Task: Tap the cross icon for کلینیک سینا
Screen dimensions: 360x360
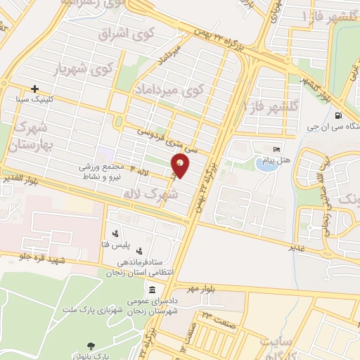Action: pos(34,89)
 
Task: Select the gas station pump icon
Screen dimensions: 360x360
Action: pos(340,116)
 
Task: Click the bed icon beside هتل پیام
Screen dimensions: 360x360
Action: pos(276,150)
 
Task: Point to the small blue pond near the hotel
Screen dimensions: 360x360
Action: pos(265,166)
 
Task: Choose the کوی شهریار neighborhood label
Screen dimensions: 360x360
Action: pos(94,69)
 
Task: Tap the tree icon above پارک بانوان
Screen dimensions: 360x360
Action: pos(91,345)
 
